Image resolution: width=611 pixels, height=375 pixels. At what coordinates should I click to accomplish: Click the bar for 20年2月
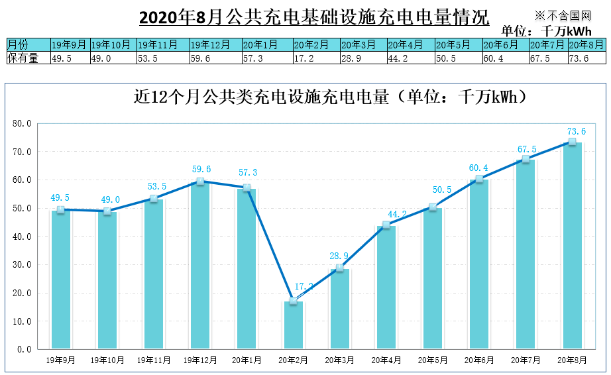[x=293, y=325]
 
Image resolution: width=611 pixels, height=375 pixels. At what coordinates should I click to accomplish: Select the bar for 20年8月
[x=572, y=246]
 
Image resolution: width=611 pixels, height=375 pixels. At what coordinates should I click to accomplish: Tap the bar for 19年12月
[x=200, y=266]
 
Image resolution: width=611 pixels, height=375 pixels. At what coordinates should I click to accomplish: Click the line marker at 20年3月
[x=340, y=268]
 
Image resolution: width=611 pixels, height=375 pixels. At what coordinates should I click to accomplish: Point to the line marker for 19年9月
[x=61, y=210]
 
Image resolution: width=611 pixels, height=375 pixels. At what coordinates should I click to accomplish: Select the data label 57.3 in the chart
[x=247, y=173]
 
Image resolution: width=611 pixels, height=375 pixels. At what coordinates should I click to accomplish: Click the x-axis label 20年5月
[x=433, y=360]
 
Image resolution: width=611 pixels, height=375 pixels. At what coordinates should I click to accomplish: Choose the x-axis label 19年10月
[x=107, y=360]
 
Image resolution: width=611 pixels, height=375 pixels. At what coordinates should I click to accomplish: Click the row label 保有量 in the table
[x=23, y=58]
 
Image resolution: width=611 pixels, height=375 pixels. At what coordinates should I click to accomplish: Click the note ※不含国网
[x=563, y=15]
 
